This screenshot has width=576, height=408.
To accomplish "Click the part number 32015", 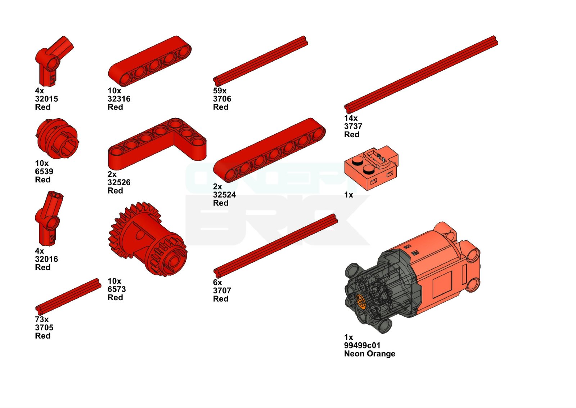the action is tap(46, 99).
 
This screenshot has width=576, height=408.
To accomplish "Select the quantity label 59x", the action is tap(220, 90).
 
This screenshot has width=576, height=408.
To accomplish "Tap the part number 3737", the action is tap(353, 126).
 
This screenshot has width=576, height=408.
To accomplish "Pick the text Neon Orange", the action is tap(370, 354).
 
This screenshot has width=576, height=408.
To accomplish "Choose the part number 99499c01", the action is tap(362, 345).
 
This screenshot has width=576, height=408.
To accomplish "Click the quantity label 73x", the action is tap(42, 319).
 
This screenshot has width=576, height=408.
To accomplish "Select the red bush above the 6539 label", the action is tap(57, 138).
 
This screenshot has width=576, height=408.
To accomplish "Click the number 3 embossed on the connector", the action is tap(52, 239).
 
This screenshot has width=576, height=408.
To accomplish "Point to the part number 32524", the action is tap(225, 195).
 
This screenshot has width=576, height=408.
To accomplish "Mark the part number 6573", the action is tap(117, 289).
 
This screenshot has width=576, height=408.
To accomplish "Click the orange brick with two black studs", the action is tap(371, 168).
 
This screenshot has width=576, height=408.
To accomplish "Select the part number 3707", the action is tap(222, 291).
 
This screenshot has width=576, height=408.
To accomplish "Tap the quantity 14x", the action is tap(351, 118).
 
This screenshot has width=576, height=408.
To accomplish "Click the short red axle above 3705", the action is tap(68, 295).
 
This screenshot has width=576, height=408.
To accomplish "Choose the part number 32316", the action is tap(119, 99).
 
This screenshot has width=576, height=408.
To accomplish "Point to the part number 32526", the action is tap(119, 182).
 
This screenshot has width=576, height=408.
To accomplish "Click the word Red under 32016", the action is tap(43, 267).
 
